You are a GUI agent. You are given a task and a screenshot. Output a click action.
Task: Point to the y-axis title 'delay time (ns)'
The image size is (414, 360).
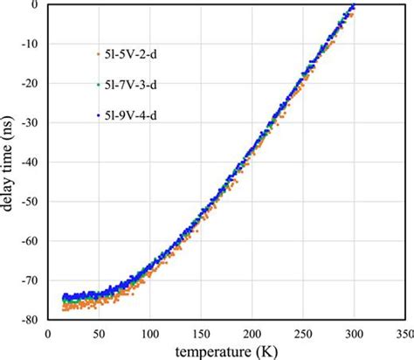point(10,161)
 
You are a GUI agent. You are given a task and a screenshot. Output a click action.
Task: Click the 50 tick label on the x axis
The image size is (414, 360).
point(98,332)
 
